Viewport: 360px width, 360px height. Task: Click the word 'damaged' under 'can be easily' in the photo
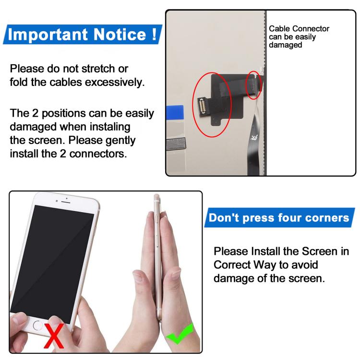[x=285, y=45]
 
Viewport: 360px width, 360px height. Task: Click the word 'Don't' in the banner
[x=223, y=218]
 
